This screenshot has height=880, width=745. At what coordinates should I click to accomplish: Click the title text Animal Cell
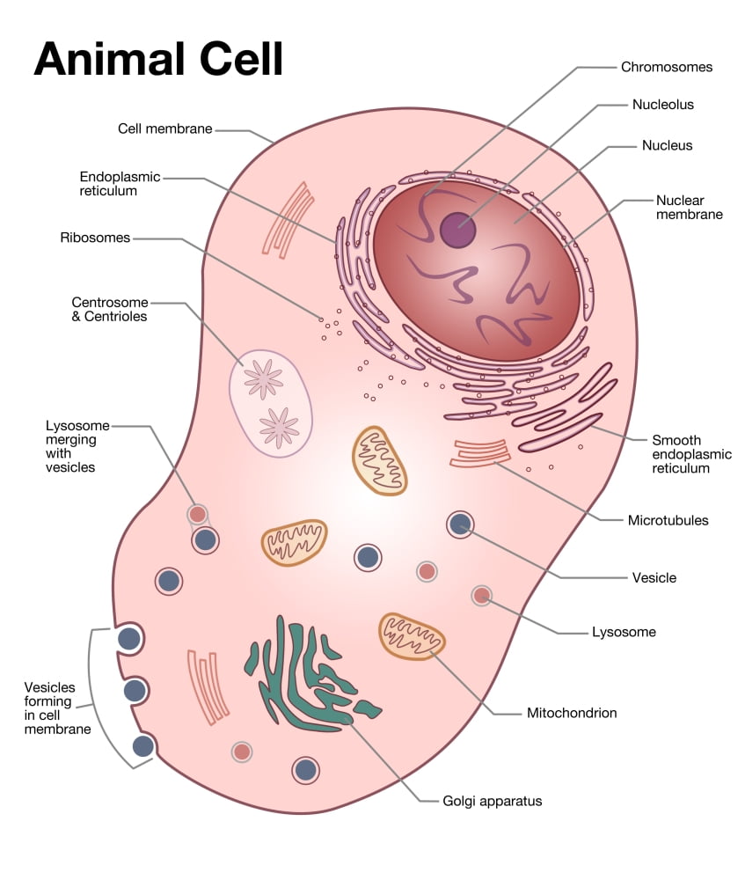coord(158,59)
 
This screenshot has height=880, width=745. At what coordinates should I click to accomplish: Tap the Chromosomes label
coord(666,67)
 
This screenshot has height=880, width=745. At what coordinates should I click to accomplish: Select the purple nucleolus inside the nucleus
coord(457,231)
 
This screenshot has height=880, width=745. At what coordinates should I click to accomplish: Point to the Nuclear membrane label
coord(689,207)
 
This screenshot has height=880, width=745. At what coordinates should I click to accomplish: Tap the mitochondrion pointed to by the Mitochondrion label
coord(412,635)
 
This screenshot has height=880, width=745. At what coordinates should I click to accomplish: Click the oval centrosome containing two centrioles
coord(271,403)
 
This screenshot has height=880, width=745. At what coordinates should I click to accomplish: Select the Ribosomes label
coord(95,238)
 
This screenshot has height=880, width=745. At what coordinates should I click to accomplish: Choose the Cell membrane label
coord(165,128)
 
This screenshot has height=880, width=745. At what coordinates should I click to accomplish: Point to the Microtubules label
coord(668,520)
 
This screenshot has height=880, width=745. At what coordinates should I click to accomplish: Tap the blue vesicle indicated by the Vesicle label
coord(460,524)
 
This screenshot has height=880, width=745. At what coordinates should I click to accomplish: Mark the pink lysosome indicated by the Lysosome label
coord(481,596)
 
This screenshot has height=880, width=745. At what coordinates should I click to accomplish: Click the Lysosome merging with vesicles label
coord(71,447)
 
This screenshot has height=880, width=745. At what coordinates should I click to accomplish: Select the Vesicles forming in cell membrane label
coord(57,708)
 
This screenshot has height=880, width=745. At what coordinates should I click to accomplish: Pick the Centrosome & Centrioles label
coord(109,309)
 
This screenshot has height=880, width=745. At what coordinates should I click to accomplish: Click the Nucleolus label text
coord(662,105)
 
